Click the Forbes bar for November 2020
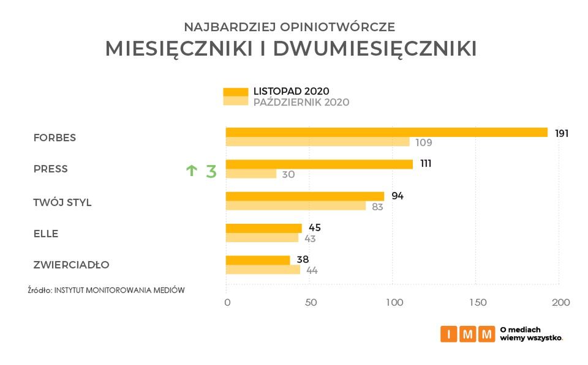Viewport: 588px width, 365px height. click(386, 132)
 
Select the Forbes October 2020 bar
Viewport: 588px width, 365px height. click(317, 142)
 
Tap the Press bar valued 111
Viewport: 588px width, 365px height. click(319, 164)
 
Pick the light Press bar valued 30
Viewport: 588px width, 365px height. click(251, 174)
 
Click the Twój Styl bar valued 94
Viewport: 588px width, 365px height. click(305, 196)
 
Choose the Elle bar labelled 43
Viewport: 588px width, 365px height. click(262, 238)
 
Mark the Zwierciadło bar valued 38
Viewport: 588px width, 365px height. click(258, 260)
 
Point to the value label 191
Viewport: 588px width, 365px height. click(562, 133)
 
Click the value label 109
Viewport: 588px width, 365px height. click(423, 143)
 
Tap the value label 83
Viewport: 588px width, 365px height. click(377, 207)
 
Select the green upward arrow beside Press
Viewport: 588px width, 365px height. click(191, 171)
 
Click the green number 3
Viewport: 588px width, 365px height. click(211, 171)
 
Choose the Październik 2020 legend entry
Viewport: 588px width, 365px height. click(301, 102)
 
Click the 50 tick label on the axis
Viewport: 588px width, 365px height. click(311, 302)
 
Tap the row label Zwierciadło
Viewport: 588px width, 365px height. click(71, 265)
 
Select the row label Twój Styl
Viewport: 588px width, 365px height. click(62, 202)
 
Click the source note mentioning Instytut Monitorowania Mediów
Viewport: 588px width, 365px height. click(106, 290)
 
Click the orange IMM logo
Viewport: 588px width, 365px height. click(467, 334)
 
